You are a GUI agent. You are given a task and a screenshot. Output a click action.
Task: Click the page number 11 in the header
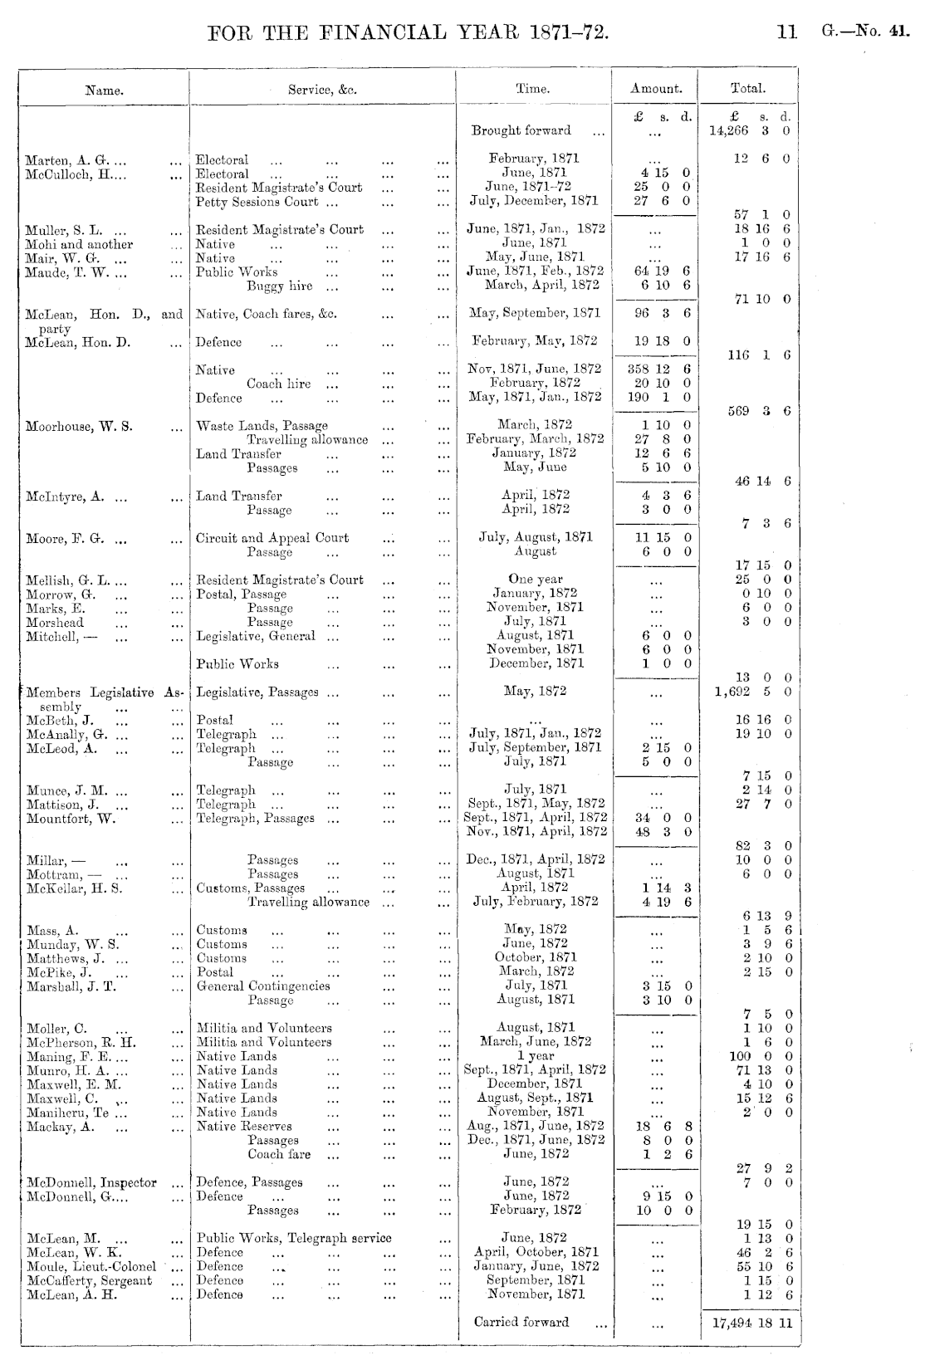(x=786, y=32)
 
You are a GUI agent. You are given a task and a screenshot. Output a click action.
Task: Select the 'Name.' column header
(x=105, y=91)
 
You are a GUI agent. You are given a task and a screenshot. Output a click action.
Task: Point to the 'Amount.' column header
(x=656, y=88)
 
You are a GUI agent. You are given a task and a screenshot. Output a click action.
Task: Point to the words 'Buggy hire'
(x=280, y=286)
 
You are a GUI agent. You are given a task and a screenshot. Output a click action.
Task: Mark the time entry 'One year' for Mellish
(x=536, y=580)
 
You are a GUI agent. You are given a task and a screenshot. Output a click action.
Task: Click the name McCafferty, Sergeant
(x=90, y=1280)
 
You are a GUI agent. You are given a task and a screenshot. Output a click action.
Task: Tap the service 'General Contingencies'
(x=263, y=986)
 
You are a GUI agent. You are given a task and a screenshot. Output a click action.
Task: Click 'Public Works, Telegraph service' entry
(x=294, y=1238)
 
